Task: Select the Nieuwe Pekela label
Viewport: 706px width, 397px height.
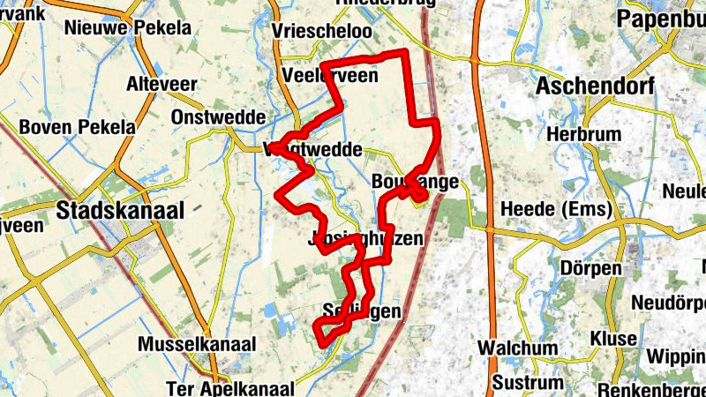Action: (x=127, y=28)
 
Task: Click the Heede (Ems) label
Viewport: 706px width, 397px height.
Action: (x=552, y=209)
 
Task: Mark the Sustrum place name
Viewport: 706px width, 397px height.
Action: (x=527, y=383)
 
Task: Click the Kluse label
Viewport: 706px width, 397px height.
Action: (x=613, y=338)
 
